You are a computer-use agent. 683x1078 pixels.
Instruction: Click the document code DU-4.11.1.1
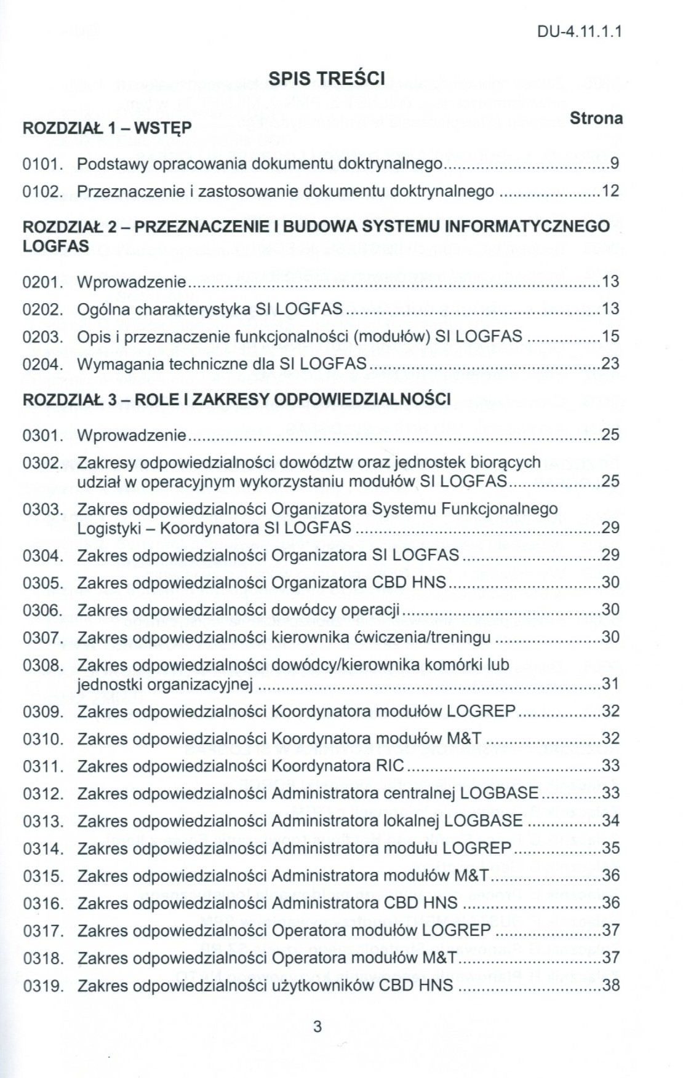pos(580,31)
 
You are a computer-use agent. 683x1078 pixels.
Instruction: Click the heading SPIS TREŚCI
pos(327,79)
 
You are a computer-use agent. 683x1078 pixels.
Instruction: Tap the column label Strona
pos(596,118)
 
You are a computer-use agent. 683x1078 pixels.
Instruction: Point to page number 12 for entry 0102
pos(610,191)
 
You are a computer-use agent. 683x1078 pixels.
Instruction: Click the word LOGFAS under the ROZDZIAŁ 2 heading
pos(55,246)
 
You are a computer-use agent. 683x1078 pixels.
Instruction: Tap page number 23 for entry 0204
pos(610,364)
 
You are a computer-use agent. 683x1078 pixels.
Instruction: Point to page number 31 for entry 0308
pos(610,684)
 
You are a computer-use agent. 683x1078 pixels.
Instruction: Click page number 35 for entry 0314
pos(610,848)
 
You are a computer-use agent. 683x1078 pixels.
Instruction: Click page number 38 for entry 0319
pos(610,985)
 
